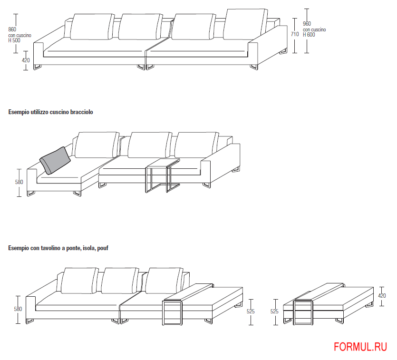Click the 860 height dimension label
point(12,29)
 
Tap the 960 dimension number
point(307,24)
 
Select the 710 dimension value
point(295,34)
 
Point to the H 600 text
point(309,35)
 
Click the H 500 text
point(14,40)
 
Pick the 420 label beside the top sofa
point(26,60)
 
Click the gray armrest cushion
point(55,161)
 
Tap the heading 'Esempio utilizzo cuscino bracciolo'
point(51,112)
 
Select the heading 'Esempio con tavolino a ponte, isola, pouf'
point(58,248)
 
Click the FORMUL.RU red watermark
point(360,347)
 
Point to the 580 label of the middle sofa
point(19,182)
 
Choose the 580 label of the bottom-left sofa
point(18,309)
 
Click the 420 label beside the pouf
point(382,296)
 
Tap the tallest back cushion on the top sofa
point(245,25)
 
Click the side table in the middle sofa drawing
point(163,175)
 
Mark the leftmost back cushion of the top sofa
point(92,27)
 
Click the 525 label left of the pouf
point(274,311)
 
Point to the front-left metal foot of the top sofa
point(37,67)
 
